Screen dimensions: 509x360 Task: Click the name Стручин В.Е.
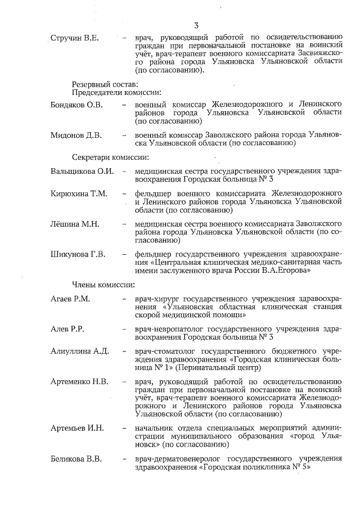[x=75, y=38]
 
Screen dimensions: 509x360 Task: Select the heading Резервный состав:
[x=105, y=83]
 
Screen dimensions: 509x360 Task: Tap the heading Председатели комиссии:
[x=116, y=92]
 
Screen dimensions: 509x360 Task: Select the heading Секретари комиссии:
[x=110, y=156]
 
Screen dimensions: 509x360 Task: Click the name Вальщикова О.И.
[x=82, y=171]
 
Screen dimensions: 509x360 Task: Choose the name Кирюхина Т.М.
[x=79, y=194]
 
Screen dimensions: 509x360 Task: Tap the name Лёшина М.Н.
[x=75, y=224]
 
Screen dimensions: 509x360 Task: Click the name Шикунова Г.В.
[x=78, y=254]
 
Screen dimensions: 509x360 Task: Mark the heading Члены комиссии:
[x=103, y=284]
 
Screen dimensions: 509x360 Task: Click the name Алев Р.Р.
[x=67, y=328]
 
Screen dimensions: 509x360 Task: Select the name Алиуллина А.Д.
[x=79, y=351]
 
